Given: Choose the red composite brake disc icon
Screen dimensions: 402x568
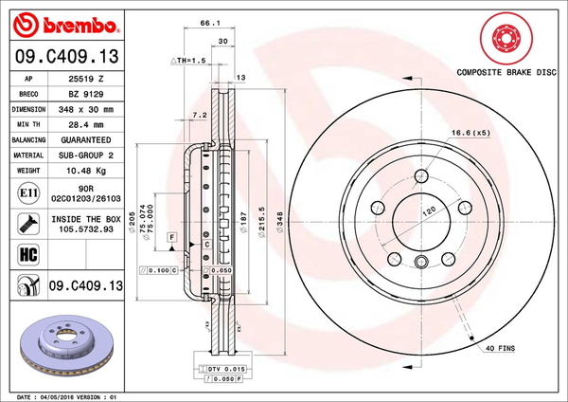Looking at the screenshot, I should click(505, 40).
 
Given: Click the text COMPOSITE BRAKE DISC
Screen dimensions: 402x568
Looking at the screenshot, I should click(505, 72).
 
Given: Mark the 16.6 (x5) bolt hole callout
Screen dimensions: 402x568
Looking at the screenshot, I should click(471, 133).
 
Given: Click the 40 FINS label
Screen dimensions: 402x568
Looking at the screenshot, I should click(500, 349).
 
